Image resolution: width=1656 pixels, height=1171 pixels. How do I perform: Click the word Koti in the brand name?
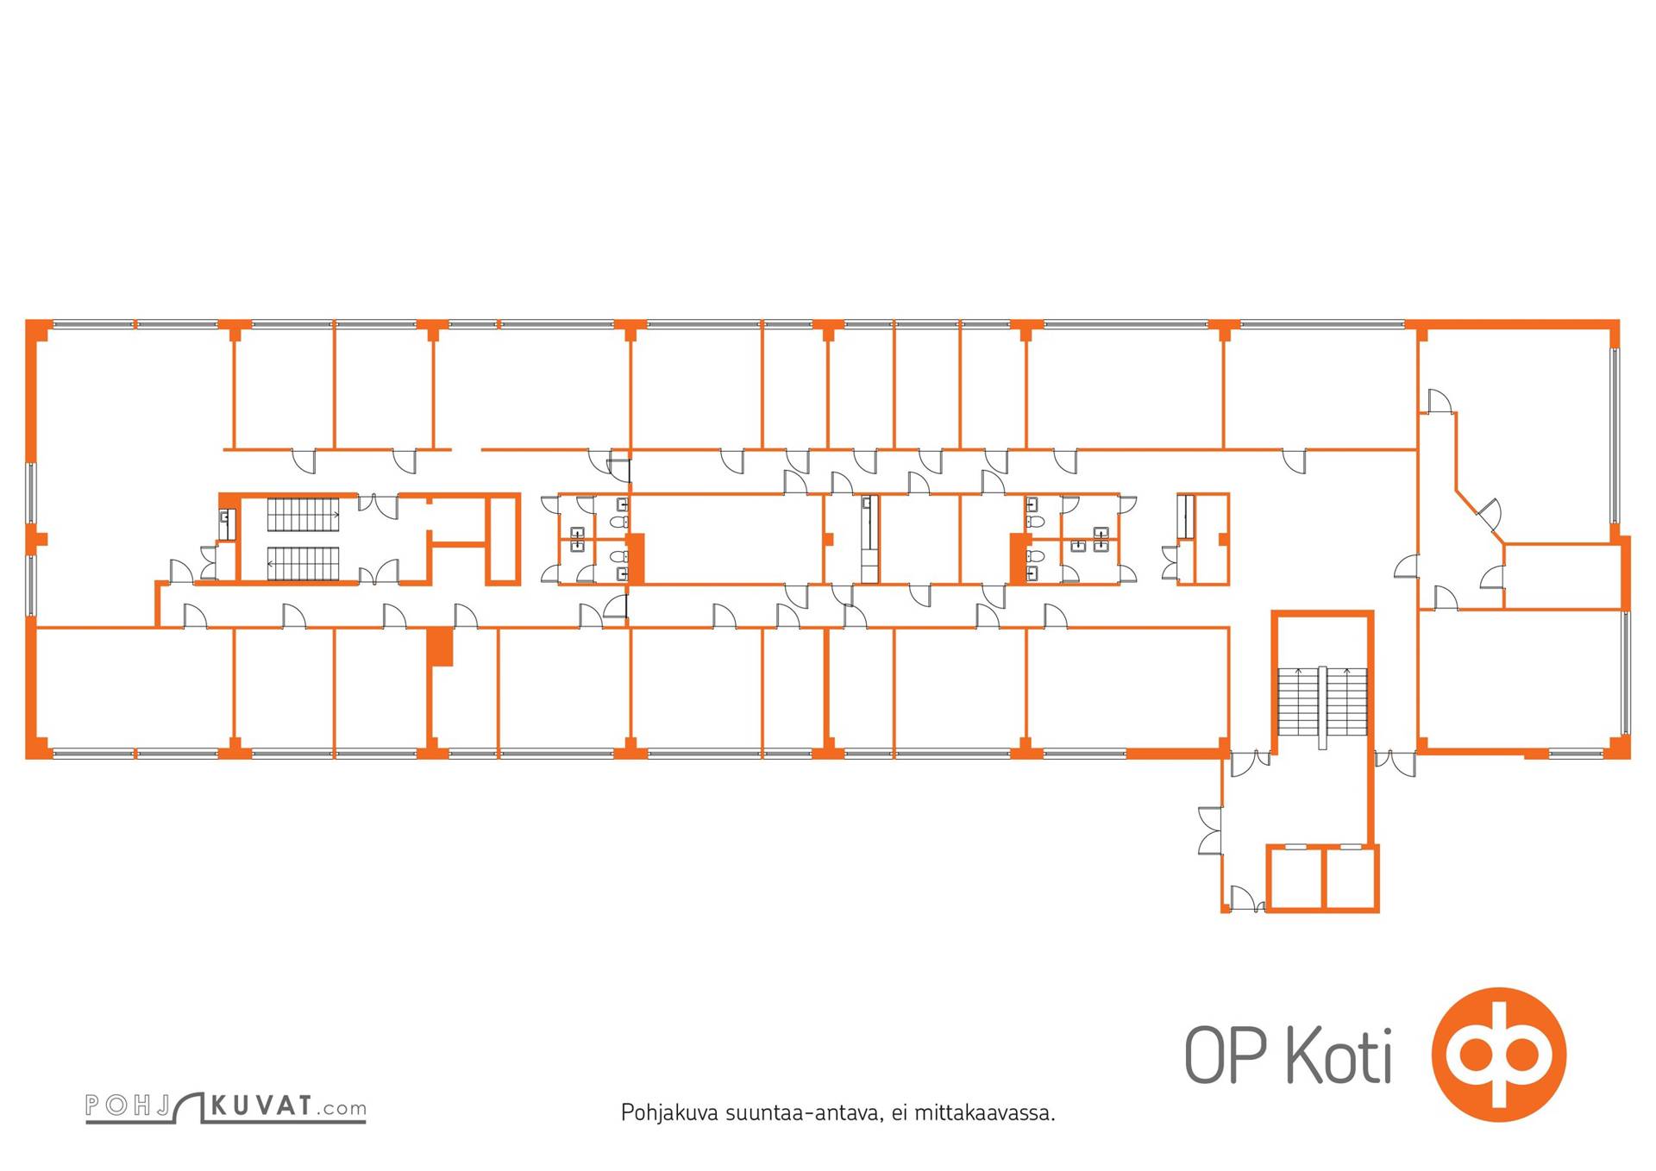[x=1339, y=1055]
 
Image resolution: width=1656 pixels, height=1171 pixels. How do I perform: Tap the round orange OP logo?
[x=1498, y=1054]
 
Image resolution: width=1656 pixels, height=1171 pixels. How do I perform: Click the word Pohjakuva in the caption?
[x=668, y=1112]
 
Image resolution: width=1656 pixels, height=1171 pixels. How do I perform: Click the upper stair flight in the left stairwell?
[x=303, y=514]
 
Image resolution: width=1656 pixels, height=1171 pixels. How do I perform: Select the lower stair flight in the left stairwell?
[x=303, y=564]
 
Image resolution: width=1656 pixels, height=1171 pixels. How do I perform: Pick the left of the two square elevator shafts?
[x=1295, y=878]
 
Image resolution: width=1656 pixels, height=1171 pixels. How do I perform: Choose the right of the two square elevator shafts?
[x=1350, y=878]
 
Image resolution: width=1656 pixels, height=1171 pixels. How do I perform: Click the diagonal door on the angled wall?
[x=1490, y=515]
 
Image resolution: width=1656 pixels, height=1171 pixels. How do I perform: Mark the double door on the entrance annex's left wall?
[x=1210, y=831]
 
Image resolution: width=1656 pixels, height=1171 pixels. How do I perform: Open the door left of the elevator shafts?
[x=1243, y=898]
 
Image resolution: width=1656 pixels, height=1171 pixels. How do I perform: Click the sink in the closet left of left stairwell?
[x=227, y=520]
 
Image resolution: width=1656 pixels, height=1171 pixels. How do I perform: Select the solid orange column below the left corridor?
[x=442, y=647]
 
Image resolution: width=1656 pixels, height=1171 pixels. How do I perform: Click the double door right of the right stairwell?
[x=1395, y=762]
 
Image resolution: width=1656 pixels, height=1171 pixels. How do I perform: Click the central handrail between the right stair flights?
[x=1322, y=707]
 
